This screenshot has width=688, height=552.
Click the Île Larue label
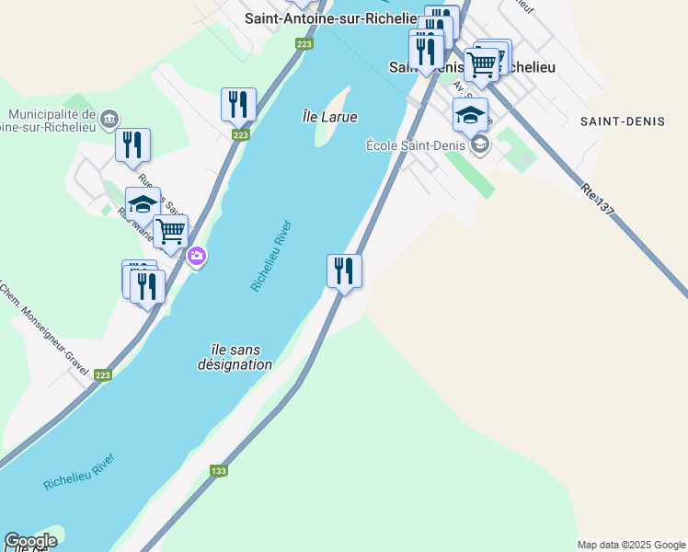click(329, 117)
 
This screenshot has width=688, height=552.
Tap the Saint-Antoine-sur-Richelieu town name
click(330, 18)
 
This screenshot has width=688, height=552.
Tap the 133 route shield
click(218, 471)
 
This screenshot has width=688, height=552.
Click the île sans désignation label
click(235, 357)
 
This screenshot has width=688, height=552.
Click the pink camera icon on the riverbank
click(196, 256)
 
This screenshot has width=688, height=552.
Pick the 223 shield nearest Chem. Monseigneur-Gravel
click(103, 374)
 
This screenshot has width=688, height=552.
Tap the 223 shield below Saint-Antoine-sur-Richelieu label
click(304, 43)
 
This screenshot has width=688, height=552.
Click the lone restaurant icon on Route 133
click(344, 270)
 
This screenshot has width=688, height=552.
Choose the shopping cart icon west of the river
click(170, 232)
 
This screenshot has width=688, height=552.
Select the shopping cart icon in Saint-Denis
click(481, 63)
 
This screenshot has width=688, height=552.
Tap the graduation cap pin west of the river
click(143, 203)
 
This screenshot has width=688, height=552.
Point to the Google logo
click(30, 541)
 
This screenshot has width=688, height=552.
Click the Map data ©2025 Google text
click(631, 545)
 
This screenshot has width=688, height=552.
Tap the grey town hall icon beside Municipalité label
click(110, 119)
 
